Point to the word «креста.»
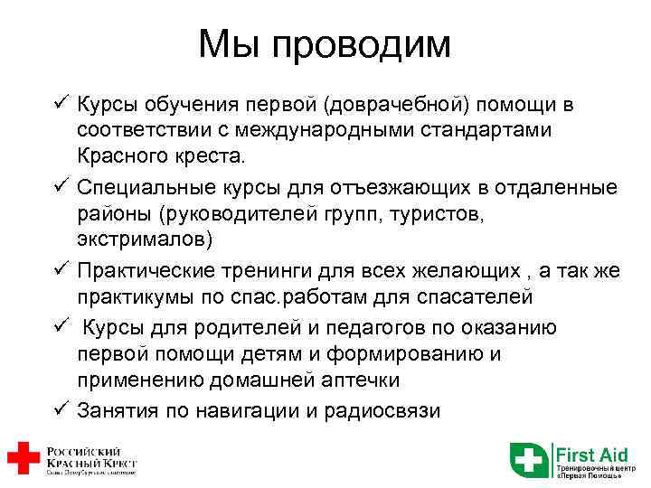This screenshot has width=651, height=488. pos(187,157)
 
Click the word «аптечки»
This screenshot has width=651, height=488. pos(354,380)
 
